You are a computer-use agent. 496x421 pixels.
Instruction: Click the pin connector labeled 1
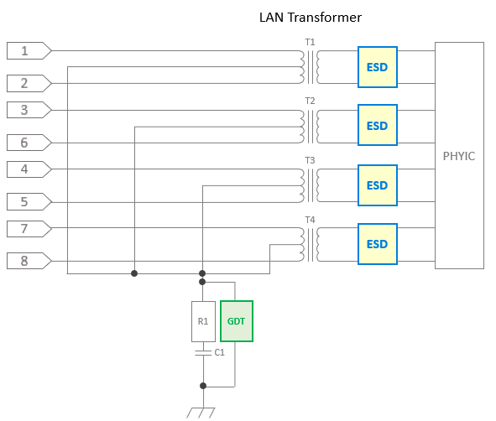tap(29, 50)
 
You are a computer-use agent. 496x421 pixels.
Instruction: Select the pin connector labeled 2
tap(29, 83)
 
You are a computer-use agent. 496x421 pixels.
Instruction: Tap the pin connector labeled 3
tap(29, 110)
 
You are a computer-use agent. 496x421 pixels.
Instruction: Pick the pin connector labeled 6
tap(29, 143)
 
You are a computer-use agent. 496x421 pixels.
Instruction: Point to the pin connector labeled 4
tap(29, 169)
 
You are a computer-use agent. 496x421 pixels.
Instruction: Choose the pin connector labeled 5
tap(29, 201)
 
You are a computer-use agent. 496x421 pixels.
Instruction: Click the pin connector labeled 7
tap(29, 229)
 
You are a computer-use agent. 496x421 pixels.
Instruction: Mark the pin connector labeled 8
tap(29, 261)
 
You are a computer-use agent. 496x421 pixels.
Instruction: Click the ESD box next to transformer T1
tap(378, 67)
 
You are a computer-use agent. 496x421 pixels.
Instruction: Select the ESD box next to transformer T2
tap(378, 125)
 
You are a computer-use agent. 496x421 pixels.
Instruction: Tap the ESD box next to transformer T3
tap(378, 185)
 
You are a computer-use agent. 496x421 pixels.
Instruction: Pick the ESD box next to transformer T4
tap(378, 244)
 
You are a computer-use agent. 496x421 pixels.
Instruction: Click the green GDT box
tap(237, 321)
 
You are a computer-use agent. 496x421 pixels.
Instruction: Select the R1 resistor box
tap(203, 321)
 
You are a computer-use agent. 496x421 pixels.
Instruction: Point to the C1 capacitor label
tap(220, 352)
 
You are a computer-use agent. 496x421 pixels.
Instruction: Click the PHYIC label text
tap(459, 156)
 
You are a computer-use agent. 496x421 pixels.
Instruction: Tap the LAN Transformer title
tap(311, 18)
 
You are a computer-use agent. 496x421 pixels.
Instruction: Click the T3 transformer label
tap(310, 160)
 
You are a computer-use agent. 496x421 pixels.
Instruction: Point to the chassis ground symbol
tap(201, 413)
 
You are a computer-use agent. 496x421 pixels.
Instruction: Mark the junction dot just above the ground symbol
tap(203, 386)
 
